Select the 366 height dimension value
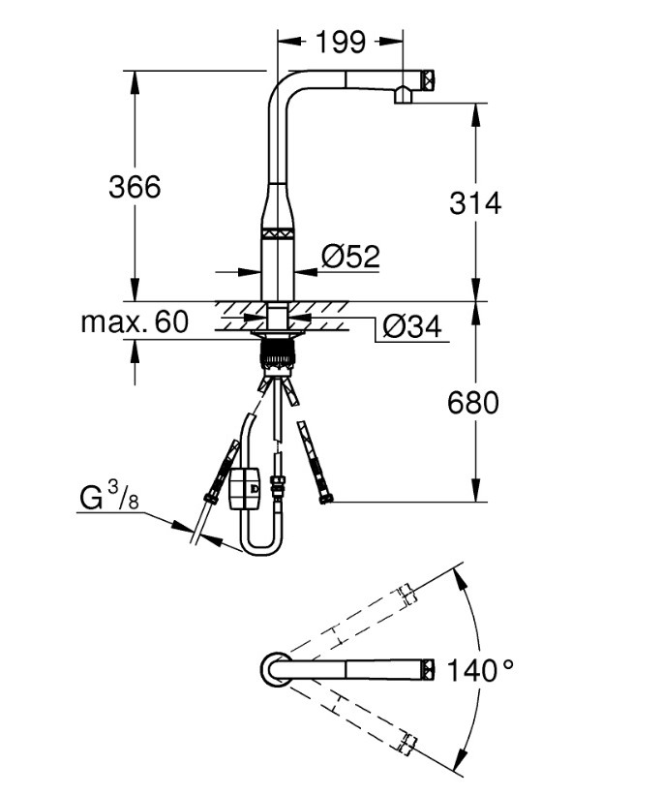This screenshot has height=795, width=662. (x=135, y=186)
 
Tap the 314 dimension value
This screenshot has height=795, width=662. (x=475, y=202)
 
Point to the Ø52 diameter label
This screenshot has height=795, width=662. (x=350, y=257)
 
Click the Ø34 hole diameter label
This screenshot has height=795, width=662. (x=412, y=327)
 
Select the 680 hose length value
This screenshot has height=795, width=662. (x=473, y=402)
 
